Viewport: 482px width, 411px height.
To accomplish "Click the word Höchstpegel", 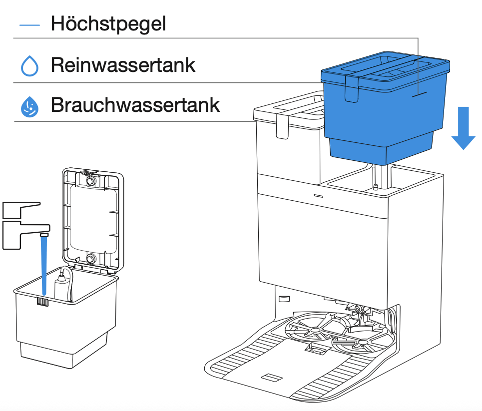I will pyautogui.click(x=108, y=23).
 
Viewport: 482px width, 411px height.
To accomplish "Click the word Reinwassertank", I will pyautogui.click(x=123, y=65).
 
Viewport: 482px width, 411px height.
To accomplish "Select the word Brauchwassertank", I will pyautogui.click(x=135, y=105).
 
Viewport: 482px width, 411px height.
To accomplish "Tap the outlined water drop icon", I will pyautogui.click(x=29, y=65).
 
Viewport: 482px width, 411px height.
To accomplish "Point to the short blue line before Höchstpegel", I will pyautogui.click(x=29, y=24).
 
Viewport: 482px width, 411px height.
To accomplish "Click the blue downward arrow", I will pyautogui.click(x=463, y=125).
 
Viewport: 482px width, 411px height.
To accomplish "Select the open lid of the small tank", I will pyautogui.click(x=92, y=220).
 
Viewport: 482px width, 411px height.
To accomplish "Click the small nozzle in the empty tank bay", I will pyautogui.click(x=375, y=187).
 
